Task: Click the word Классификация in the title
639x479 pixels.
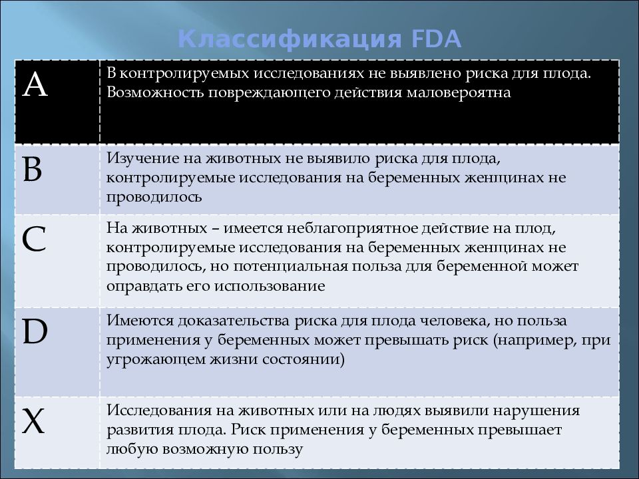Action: click(x=290, y=39)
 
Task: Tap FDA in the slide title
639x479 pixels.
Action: click(x=437, y=39)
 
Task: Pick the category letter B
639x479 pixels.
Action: click(x=33, y=171)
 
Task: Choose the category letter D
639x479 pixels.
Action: click(x=35, y=332)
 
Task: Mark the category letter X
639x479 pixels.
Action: click(x=34, y=421)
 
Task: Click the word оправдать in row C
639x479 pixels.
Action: click(x=139, y=286)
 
